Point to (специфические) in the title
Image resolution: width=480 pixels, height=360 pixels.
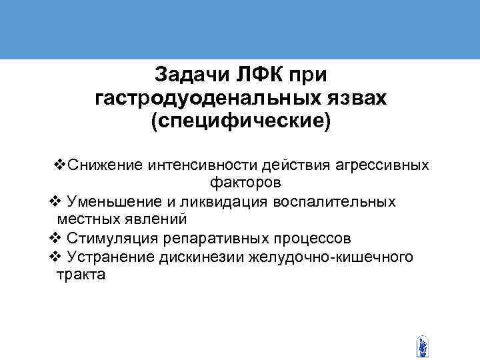[241, 123]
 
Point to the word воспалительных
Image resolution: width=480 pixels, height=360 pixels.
[341, 201]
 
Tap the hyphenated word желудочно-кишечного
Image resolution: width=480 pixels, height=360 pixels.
[333, 257]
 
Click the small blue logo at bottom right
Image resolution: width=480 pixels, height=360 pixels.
[421, 347]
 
